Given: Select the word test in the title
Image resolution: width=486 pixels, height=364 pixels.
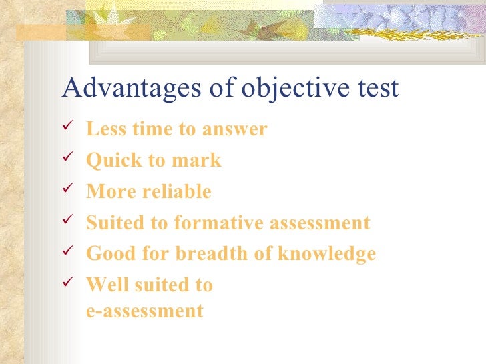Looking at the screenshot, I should click(377, 88).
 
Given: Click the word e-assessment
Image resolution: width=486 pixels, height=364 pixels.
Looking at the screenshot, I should click(144, 311).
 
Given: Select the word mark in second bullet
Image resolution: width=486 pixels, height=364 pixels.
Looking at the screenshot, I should click(199, 161).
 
